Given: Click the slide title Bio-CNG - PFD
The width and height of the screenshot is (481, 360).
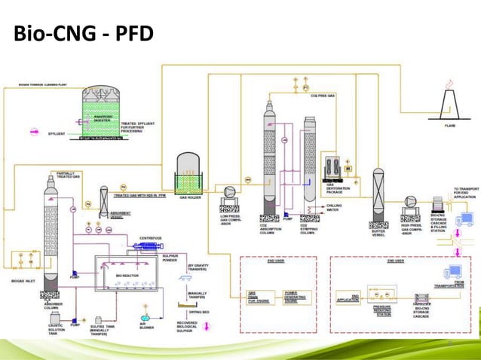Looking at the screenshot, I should tap(81, 35).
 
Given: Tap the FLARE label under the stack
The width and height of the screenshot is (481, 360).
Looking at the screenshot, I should tap(450, 126).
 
